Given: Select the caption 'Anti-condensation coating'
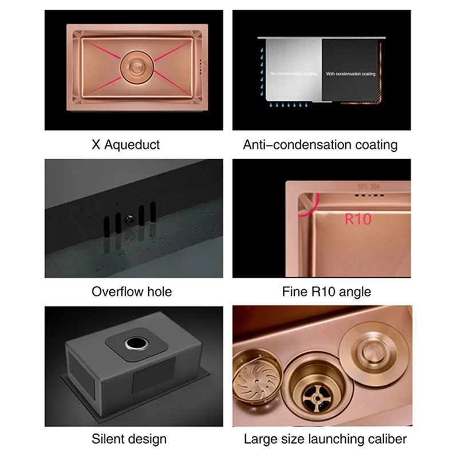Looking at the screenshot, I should pyautogui.click(x=320, y=145).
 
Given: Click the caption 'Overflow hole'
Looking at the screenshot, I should pyautogui.click(x=132, y=291).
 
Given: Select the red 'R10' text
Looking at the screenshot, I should pyautogui.click(x=358, y=218).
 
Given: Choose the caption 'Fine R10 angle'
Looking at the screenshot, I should pyautogui.click(x=326, y=291).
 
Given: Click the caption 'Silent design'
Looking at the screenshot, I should pyautogui.click(x=129, y=439).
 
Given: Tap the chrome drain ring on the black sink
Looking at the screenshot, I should pyautogui.click(x=136, y=343).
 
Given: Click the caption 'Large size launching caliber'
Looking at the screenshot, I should pyautogui.click(x=325, y=439).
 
